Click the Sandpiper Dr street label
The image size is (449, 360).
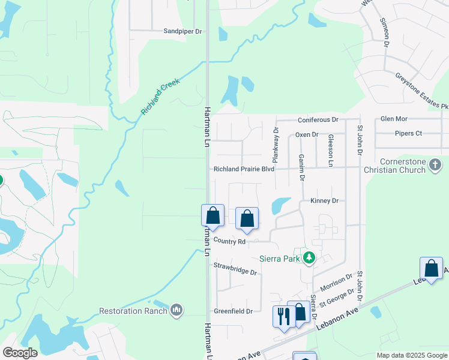tap(182, 31)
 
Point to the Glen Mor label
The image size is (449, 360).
tap(394, 119)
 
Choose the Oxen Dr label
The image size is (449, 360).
tap(306, 135)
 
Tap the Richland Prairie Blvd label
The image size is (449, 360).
tap(244, 169)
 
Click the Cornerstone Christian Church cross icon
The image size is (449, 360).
tap(436, 164)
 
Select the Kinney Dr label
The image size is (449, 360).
tap(325, 200)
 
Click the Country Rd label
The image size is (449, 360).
tap(229, 242)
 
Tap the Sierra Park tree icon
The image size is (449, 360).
tap(309, 259)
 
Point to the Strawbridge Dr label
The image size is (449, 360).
tap(235, 268)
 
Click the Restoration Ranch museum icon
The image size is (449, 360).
tap(176, 310)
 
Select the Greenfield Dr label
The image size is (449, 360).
tap(233, 311)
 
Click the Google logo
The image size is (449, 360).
tap(20, 353)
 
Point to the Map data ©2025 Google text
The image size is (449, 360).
tap(411, 355)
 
